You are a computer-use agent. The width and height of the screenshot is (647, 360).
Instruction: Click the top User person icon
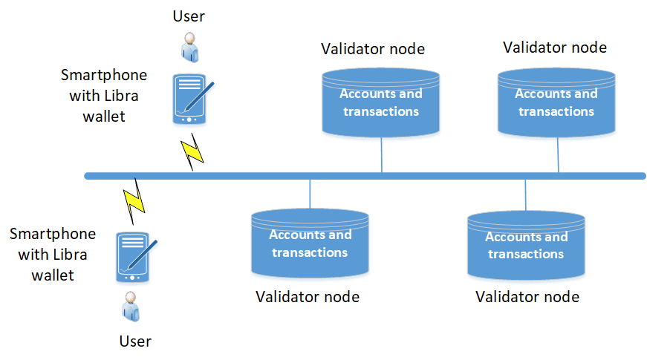point(189,46)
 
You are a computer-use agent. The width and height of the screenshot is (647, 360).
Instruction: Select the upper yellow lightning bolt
point(193,151)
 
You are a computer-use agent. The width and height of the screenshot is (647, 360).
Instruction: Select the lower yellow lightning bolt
point(135,200)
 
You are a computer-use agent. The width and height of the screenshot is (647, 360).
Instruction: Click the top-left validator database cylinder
point(381,102)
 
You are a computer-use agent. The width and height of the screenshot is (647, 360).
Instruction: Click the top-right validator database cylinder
point(556,102)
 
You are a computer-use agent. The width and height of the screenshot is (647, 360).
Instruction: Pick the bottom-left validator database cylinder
point(310,243)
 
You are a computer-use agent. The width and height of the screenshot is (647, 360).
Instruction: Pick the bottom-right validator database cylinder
point(527,245)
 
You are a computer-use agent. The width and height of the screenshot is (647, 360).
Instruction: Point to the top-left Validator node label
point(373,49)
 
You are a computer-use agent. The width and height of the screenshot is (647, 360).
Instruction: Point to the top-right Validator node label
point(555,48)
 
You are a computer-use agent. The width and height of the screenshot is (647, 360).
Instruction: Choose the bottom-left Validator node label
point(308,297)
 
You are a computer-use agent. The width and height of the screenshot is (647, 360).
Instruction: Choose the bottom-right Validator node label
point(527,297)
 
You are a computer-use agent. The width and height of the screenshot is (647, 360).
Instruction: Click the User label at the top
point(189,16)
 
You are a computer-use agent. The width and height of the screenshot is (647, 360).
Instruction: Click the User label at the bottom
point(135,341)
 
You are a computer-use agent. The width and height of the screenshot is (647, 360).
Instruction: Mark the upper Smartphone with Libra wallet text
point(104,96)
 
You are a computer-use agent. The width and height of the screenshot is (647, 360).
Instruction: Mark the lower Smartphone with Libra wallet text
point(53,254)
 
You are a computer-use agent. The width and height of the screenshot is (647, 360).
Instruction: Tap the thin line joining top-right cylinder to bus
point(559,154)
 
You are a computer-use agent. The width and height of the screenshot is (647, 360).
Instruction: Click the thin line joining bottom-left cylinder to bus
point(310,194)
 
